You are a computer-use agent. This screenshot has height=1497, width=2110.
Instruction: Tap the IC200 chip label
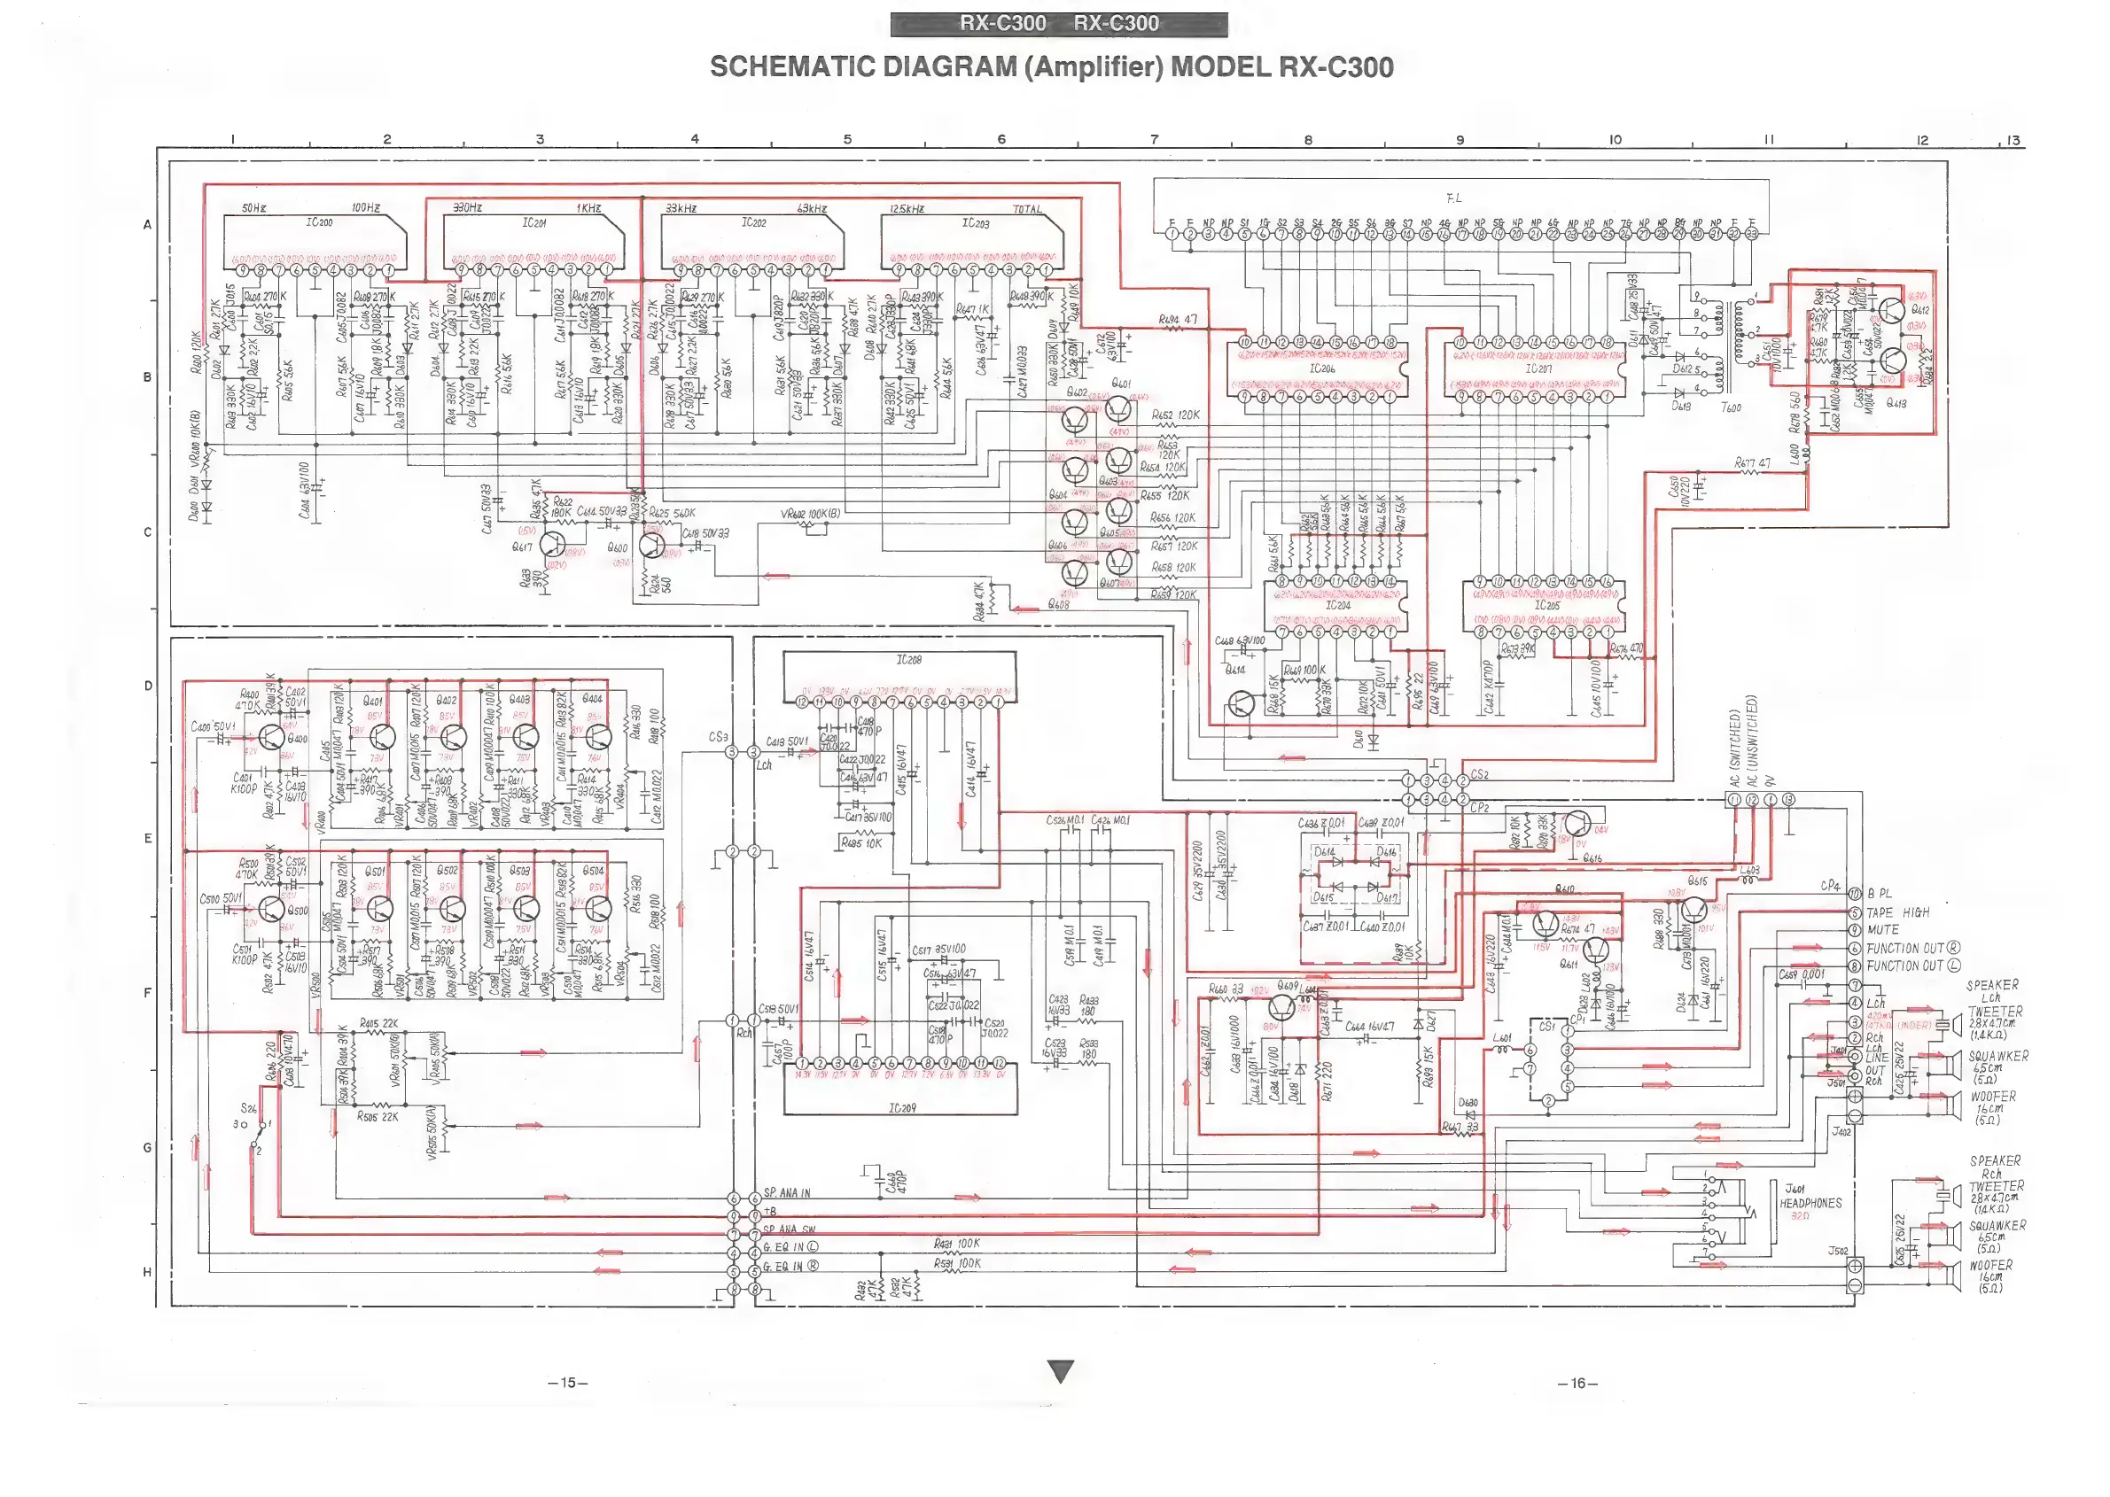click(x=319, y=223)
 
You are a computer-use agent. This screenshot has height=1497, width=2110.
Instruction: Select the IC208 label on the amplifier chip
click(x=908, y=660)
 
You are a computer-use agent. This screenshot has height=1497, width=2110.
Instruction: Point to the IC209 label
click(x=902, y=1108)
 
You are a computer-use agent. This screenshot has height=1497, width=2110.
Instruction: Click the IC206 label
click(x=1321, y=368)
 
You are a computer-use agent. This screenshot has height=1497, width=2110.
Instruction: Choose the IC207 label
click(x=1538, y=368)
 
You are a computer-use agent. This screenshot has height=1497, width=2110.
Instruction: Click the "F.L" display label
click(x=1454, y=198)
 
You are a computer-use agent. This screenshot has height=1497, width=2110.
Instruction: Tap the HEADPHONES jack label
click(x=1810, y=1203)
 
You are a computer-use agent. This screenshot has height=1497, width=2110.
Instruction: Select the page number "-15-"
click(x=567, y=1383)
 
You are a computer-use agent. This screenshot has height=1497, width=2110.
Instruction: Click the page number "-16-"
click(x=1577, y=1383)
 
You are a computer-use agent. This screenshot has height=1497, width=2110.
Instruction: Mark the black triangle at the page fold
click(x=1062, y=1371)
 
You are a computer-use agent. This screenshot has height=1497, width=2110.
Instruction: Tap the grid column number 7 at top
click(x=1154, y=140)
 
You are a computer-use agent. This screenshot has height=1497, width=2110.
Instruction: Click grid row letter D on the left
click(x=148, y=686)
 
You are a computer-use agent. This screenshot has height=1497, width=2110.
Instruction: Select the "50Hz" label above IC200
click(x=253, y=208)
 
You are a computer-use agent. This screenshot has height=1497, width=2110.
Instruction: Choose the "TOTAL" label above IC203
click(x=1027, y=209)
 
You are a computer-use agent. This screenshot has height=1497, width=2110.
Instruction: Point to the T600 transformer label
click(x=1730, y=407)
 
